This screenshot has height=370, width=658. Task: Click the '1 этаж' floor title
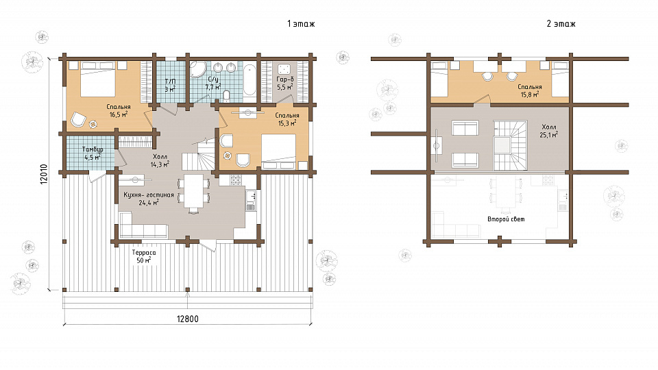[301, 23]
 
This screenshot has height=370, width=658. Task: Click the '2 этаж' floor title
[561, 23]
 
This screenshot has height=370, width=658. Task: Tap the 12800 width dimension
[188, 319]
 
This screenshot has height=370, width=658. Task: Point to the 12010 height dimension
[45, 173]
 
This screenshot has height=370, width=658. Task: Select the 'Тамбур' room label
[93, 149]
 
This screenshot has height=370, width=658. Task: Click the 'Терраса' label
[144, 253]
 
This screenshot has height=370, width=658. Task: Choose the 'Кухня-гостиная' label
[149, 195]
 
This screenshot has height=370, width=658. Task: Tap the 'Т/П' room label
[170, 82]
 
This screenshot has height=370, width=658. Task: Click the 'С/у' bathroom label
[213, 79]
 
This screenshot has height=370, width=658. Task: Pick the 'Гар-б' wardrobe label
[285, 79]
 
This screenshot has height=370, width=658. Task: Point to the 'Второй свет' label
[506, 219]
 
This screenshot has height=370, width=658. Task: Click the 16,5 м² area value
[119, 114]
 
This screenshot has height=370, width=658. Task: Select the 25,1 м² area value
[549, 135]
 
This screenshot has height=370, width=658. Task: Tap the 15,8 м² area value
[530, 95]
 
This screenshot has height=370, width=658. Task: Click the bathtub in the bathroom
[249, 79]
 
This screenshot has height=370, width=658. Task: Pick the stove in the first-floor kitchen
[235, 180]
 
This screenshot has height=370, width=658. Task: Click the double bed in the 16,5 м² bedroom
[97, 79]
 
